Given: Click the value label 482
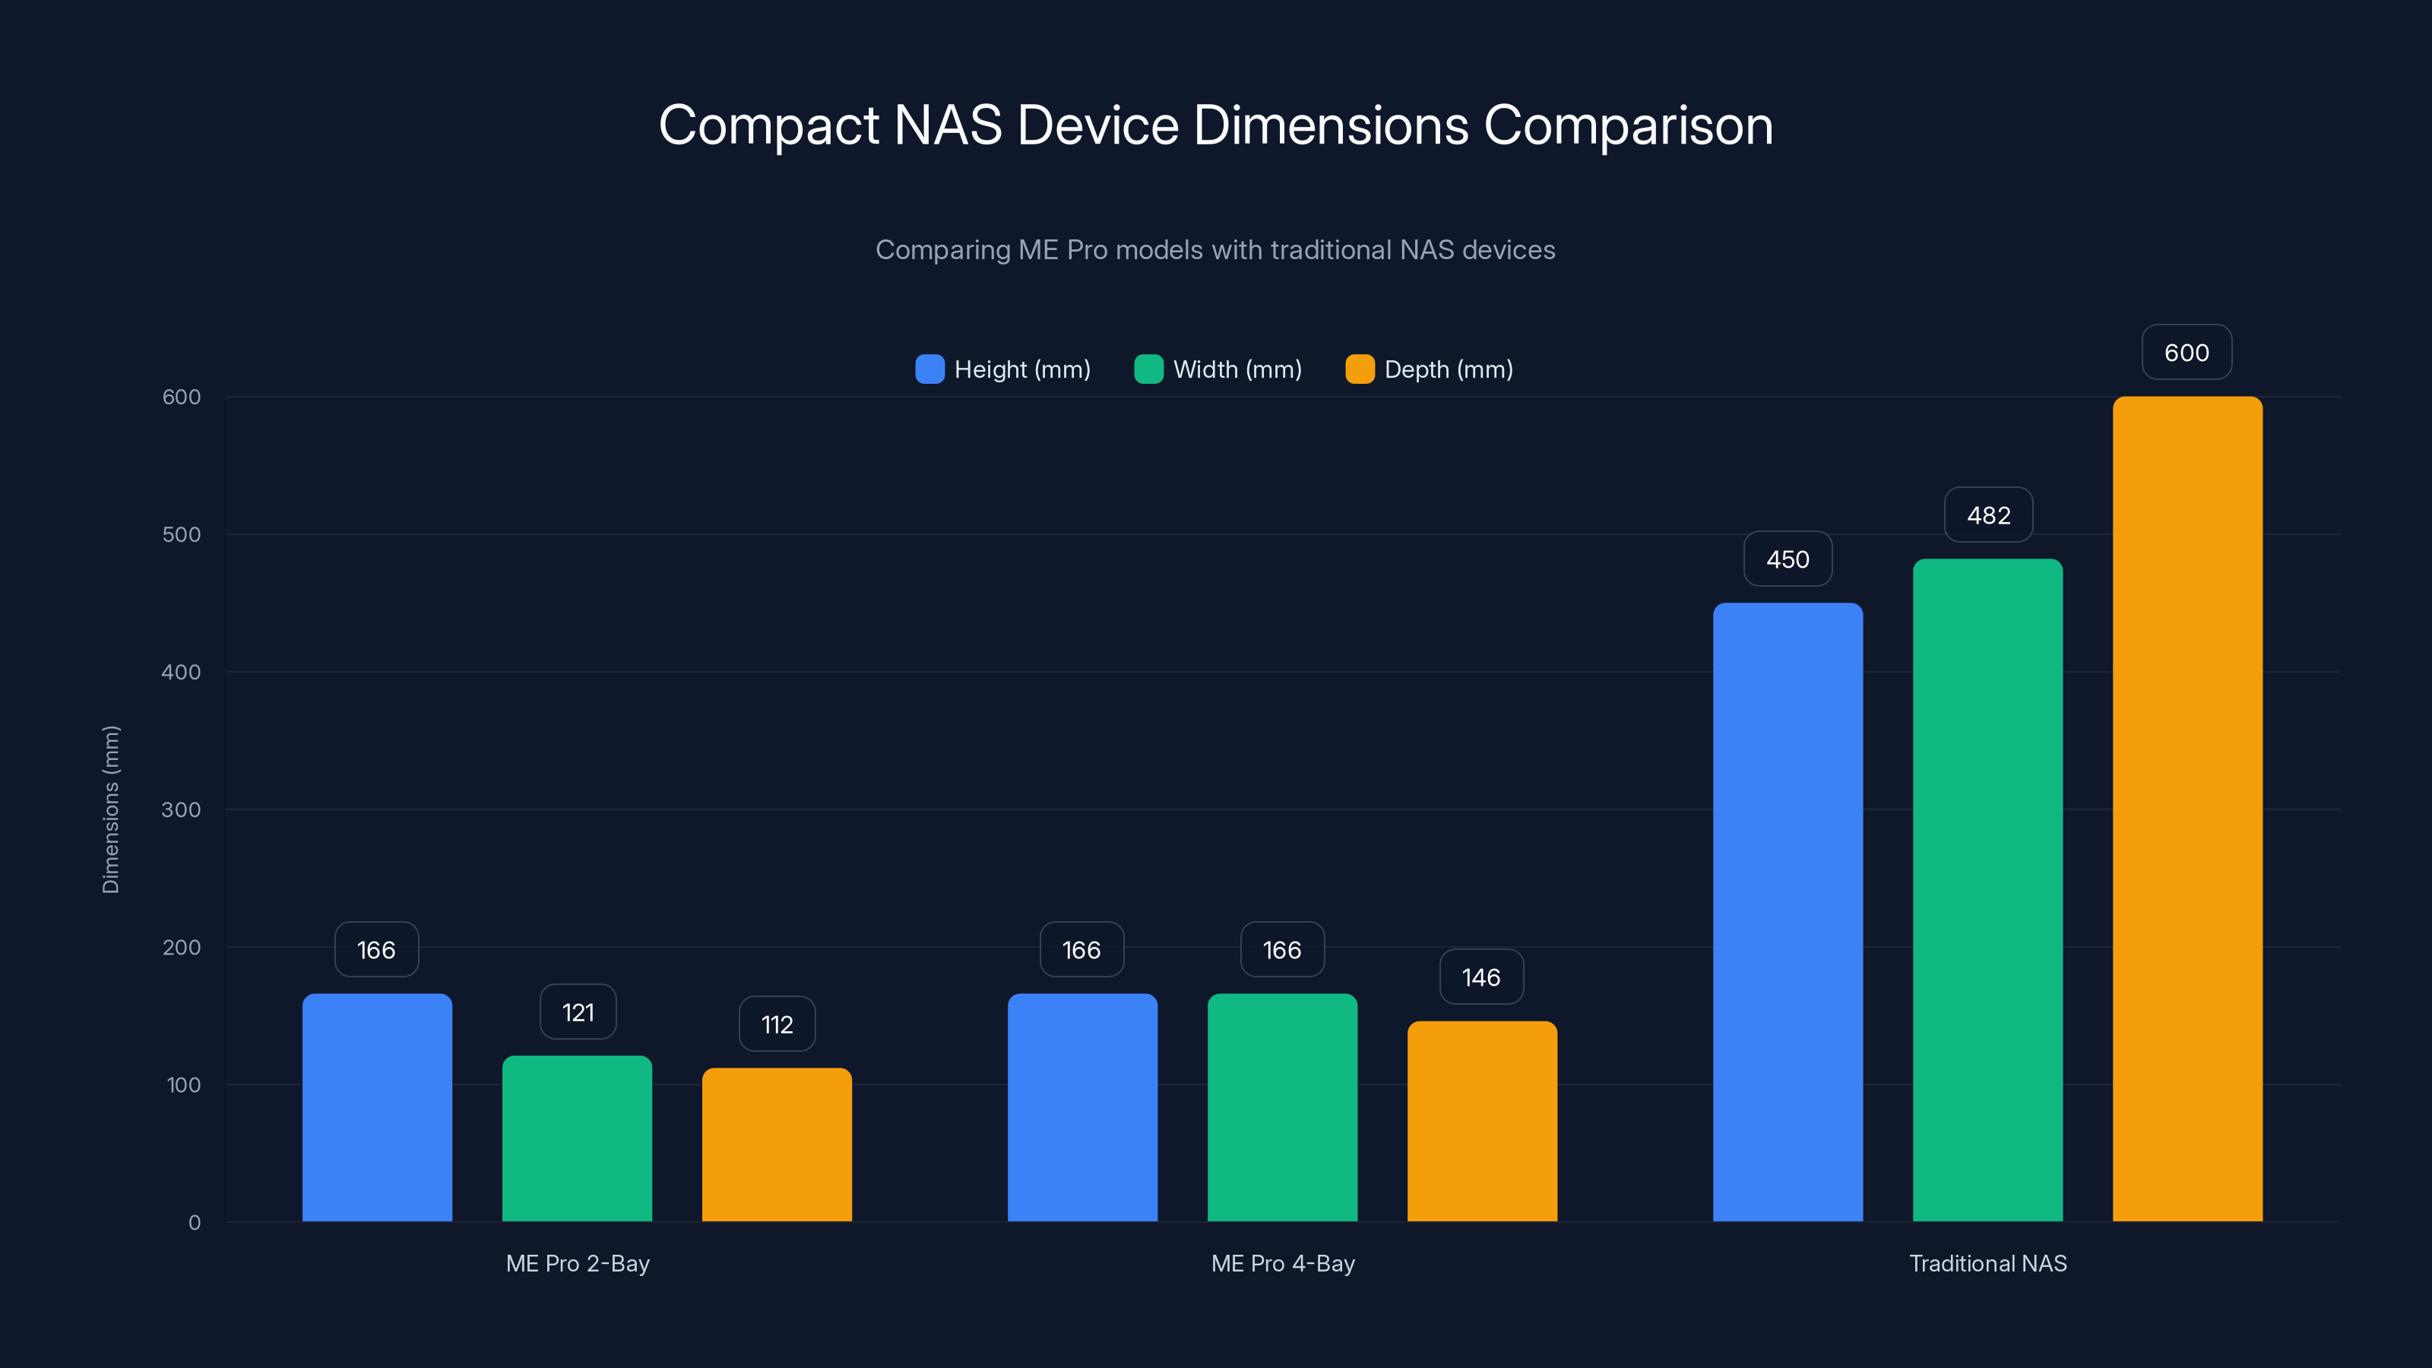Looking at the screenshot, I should tap(1988, 515).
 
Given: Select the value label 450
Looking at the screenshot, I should tap(1788, 560).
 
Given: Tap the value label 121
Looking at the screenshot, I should tap(578, 1012).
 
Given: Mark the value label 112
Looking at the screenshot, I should tap(777, 1024).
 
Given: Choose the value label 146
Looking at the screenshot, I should tap(1480, 977).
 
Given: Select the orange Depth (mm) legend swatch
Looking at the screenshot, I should tap(1360, 369).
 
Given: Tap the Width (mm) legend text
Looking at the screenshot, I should tap(1237, 369).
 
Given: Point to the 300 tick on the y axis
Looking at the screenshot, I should tap(182, 810).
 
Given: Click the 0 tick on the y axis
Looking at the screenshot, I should tap(195, 1223).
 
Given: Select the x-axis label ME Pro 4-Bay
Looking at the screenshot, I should tap(1282, 1263).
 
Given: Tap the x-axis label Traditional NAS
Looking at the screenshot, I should tap(1987, 1263).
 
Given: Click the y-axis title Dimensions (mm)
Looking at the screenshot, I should tap(110, 809).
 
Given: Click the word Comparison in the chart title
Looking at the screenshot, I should tap(1628, 125).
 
